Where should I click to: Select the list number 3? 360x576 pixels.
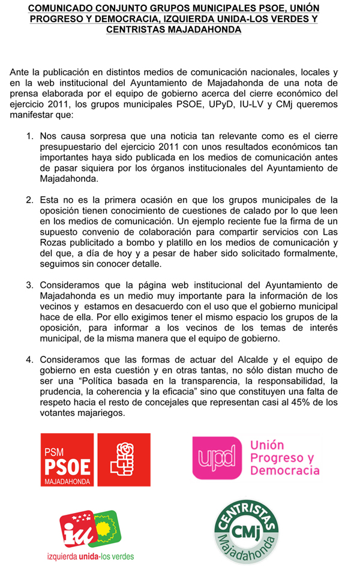coord(29,284)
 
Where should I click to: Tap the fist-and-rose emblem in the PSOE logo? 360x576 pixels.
coord(124,460)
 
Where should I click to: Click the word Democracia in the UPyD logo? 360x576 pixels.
coord(284,471)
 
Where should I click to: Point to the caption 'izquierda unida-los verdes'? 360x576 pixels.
coord(91,556)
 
